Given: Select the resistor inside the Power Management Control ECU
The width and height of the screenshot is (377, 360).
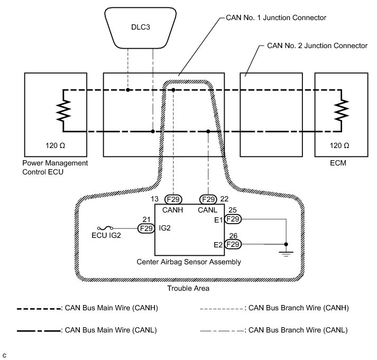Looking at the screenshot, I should tap(63, 110).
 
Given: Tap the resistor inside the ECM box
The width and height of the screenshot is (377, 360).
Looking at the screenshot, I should tap(344, 110).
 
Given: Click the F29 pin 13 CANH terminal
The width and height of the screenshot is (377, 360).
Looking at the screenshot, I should tap(173, 199).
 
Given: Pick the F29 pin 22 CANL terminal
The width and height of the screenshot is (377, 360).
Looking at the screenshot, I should tap(208, 199).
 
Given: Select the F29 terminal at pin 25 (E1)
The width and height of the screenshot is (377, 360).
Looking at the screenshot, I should tap(233, 218).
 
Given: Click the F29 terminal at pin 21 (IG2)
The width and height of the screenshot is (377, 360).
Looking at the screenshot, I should tap(145, 228).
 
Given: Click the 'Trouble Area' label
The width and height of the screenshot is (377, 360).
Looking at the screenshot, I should tap(188, 288).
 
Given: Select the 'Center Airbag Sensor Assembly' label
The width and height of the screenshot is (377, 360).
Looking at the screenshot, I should tap(189, 262).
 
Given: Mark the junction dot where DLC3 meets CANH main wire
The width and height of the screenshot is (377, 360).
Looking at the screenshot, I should tap(128, 90).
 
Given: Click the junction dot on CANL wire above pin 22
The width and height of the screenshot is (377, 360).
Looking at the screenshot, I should tap(208, 131).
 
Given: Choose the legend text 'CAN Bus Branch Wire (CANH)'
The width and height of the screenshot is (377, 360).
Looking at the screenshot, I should tap(299, 308).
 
